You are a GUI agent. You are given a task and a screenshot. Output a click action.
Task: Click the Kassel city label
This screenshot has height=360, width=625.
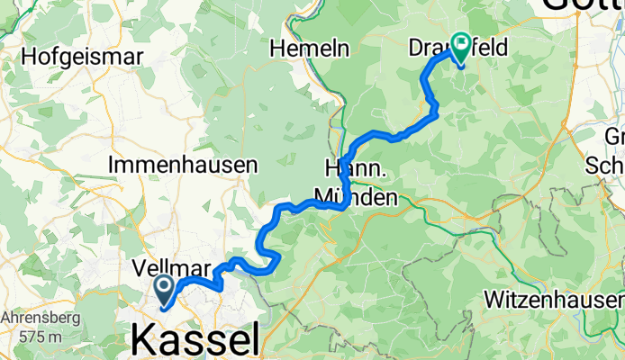[x=195, y=340]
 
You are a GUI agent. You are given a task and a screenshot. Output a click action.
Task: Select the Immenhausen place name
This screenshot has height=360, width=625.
[x=183, y=166]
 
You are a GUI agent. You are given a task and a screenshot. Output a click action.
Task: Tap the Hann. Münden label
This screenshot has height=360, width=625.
[x=354, y=183]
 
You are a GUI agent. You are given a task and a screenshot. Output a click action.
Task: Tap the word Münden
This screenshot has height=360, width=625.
[x=355, y=196]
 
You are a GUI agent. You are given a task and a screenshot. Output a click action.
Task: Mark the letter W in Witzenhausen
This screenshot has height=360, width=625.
[x=493, y=297]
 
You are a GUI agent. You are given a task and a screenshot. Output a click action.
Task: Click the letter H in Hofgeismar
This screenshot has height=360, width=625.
[x=28, y=56]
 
